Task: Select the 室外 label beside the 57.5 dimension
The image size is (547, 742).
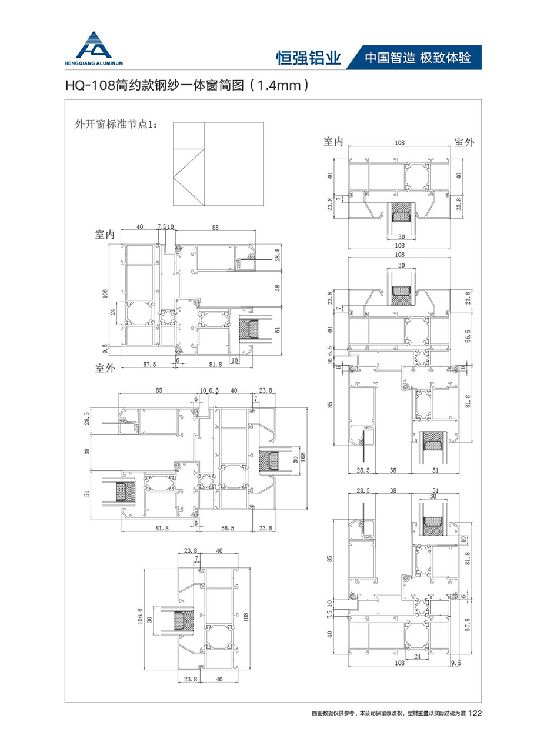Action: (106, 367)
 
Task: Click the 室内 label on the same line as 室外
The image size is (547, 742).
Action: (333, 142)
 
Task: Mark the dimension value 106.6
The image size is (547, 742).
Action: (141, 617)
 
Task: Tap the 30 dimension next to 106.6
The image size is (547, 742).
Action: (150, 619)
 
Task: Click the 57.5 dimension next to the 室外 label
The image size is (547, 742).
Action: (150, 365)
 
